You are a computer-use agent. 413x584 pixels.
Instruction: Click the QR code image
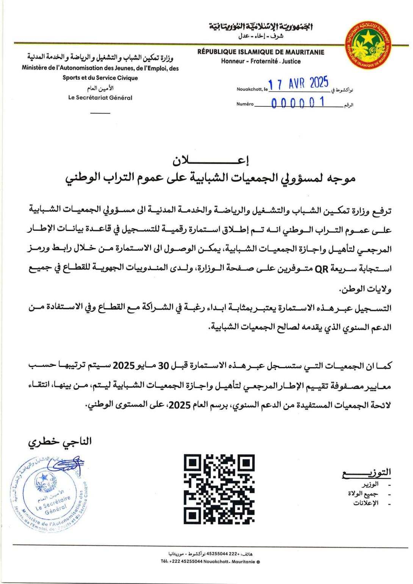click(x=219, y=489)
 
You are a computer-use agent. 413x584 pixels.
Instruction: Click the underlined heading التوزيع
click(x=366, y=472)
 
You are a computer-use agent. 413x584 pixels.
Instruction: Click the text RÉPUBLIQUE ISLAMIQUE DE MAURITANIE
click(x=261, y=53)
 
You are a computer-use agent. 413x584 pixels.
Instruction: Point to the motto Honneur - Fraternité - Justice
click(x=261, y=61)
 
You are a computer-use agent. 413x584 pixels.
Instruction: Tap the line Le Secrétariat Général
click(x=100, y=98)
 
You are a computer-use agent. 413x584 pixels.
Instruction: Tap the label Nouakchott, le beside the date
click(x=252, y=90)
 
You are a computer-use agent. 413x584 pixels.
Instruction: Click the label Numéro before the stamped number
click(x=245, y=104)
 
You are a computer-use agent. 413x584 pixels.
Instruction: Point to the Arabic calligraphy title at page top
click(x=261, y=27)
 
